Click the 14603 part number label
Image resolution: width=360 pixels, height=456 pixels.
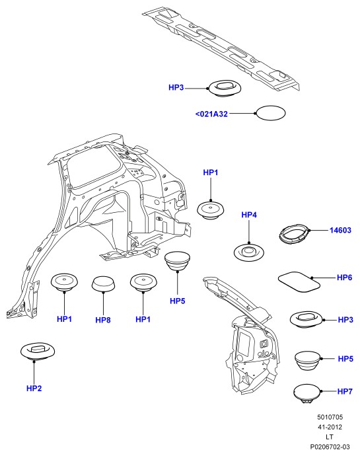click(x=340, y=231)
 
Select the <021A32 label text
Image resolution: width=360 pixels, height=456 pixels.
click(x=211, y=114)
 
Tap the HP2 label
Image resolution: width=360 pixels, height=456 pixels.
click(x=34, y=388)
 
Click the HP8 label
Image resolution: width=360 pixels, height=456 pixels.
click(x=103, y=320)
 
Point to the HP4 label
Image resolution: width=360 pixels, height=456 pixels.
click(x=249, y=215)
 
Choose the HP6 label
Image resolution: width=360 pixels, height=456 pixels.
click(x=344, y=278)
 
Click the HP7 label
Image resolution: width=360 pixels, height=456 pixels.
click(x=345, y=391)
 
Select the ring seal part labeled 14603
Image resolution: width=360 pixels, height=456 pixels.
click(x=295, y=233)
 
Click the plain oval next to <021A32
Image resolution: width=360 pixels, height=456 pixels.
click(x=270, y=113)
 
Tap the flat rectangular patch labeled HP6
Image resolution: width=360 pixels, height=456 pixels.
click(x=299, y=282)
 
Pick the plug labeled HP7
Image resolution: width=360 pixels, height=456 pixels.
click(x=307, y=394)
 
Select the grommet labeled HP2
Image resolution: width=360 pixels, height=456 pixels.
click(x=38, y=351)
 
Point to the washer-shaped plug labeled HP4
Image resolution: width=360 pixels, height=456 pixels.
click(x=249, y=252)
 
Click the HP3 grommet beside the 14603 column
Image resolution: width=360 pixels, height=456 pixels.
click(x=307, y=319)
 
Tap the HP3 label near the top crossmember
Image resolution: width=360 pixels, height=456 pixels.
click(x=176, y=87)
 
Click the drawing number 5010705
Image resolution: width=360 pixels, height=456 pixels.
click(x=330, y=417)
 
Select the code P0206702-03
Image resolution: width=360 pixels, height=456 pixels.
click(x=330, y=447)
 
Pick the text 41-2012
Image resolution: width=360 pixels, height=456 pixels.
click(x=330, y=427)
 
